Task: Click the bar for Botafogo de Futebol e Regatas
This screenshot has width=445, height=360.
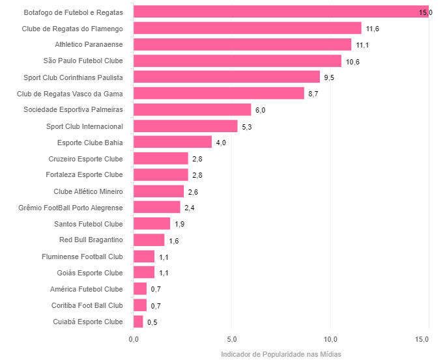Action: [x=281, y=12]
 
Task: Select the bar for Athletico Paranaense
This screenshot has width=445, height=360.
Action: [x=242, y=44]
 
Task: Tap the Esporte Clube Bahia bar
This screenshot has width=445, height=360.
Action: [x=172, y=142]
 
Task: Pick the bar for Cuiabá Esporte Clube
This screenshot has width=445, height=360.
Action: [x=137, y=322]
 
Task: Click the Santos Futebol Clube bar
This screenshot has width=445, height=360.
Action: [x=151, y=224]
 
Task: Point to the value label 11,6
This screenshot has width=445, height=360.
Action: [x=372, y=29]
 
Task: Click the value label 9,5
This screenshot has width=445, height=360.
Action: [x=329, y=77]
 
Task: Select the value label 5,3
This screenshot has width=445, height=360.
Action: [x=246, y=126]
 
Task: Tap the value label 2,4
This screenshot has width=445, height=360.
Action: [x=189, y=208]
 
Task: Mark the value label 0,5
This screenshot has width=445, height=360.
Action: [x=152, y=322]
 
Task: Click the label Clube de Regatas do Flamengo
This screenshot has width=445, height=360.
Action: [x=72, y=29]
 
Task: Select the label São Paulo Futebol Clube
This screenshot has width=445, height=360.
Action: [x=83, y=61]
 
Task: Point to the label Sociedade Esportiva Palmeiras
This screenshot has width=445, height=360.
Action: [x=73, y=110]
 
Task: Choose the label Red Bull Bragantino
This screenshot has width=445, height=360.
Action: [x=91, y=240]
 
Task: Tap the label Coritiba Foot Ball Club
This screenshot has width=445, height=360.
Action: [x=87, y=305]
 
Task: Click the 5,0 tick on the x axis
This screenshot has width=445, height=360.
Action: [x=231, y=339]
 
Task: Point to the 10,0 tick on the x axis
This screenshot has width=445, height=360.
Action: [x=330, y=339]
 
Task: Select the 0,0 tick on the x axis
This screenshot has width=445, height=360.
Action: [x=133, y=339]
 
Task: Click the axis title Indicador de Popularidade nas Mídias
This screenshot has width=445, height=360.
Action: [x=281, y=354]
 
